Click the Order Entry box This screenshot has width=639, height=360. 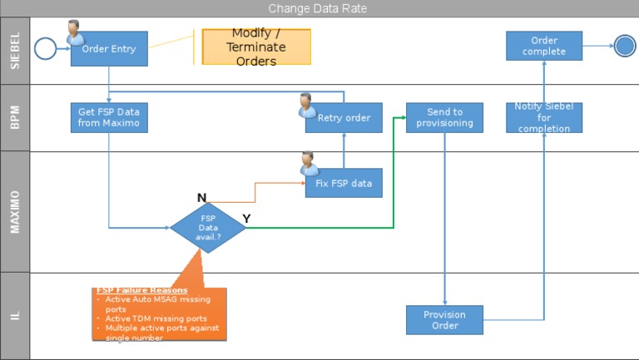109,49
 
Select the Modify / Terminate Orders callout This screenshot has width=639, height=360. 256,47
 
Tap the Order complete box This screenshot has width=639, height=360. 544,46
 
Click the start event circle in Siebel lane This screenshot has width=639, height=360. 45,48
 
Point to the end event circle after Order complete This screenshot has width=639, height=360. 625,47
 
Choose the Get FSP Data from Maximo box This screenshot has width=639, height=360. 109,117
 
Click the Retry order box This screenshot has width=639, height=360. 344,118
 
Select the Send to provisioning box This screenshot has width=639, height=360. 444,117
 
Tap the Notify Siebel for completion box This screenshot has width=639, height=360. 544,117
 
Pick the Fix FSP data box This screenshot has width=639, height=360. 344,183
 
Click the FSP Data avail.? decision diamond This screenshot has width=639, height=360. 208,226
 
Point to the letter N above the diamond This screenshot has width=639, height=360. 201,198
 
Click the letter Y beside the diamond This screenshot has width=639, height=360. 246,218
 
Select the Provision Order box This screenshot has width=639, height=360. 444,320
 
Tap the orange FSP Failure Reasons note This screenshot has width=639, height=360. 159,314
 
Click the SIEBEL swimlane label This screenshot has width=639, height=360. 15,50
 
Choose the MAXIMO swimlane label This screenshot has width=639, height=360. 15,211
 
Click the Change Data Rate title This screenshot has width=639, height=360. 318,8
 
